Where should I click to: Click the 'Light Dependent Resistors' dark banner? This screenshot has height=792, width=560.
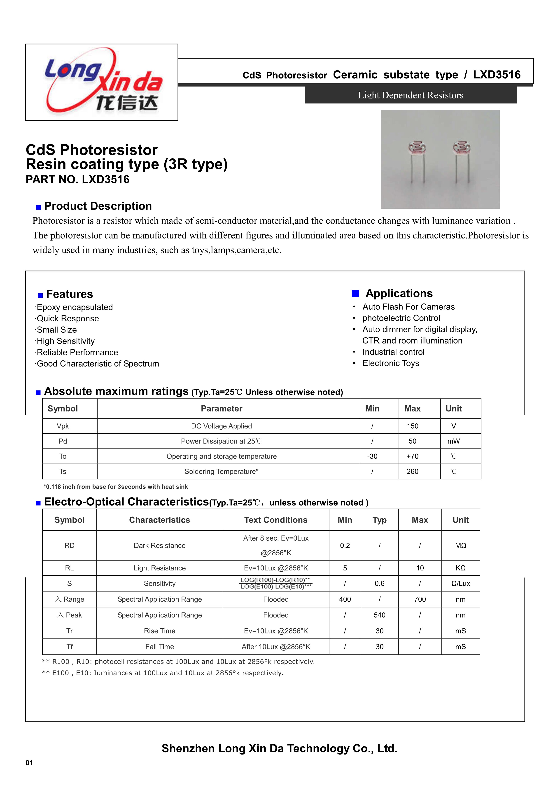pos(410,95)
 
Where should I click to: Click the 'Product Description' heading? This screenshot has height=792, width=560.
pos(98,206)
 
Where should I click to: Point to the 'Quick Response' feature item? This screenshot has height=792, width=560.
pos(68,318)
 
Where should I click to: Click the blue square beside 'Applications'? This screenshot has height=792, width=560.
pos(355,294)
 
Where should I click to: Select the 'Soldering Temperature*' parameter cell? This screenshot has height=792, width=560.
pos(221,472)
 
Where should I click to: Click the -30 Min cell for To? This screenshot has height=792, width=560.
pos(372,456)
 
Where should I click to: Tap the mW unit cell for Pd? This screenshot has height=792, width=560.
pos(453,441)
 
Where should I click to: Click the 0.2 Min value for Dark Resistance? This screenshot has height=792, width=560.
pos(345,545)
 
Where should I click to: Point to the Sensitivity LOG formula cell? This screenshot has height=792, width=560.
pos(276,583)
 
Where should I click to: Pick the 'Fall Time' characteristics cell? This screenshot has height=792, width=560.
pos(159,647)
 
